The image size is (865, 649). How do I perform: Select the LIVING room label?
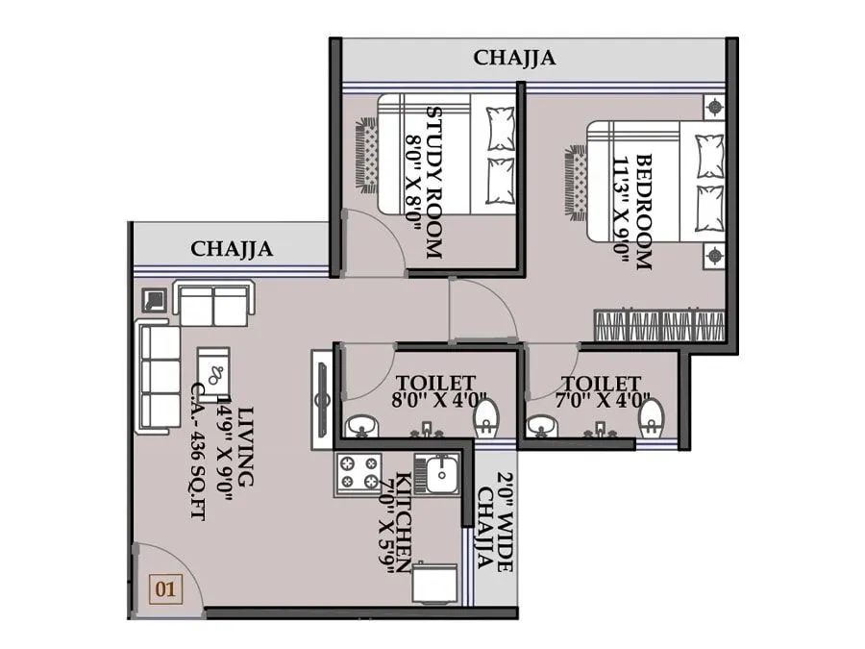tap(246, 446)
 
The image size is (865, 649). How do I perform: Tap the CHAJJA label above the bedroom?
tap(514, 58)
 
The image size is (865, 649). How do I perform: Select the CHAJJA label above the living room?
tap(232, 249)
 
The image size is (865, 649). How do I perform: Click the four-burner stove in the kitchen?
tap(358, 472)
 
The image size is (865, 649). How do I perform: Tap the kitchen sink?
tap(440, 473)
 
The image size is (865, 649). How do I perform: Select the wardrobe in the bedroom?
tap(659, 325)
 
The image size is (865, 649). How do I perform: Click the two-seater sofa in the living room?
tap(213, 305)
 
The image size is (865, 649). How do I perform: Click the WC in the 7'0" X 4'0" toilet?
tap(652, 417)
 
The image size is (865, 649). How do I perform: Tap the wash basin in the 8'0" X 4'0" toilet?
tap(361, 423)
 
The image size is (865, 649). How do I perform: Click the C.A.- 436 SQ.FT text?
tap(199, 452)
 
